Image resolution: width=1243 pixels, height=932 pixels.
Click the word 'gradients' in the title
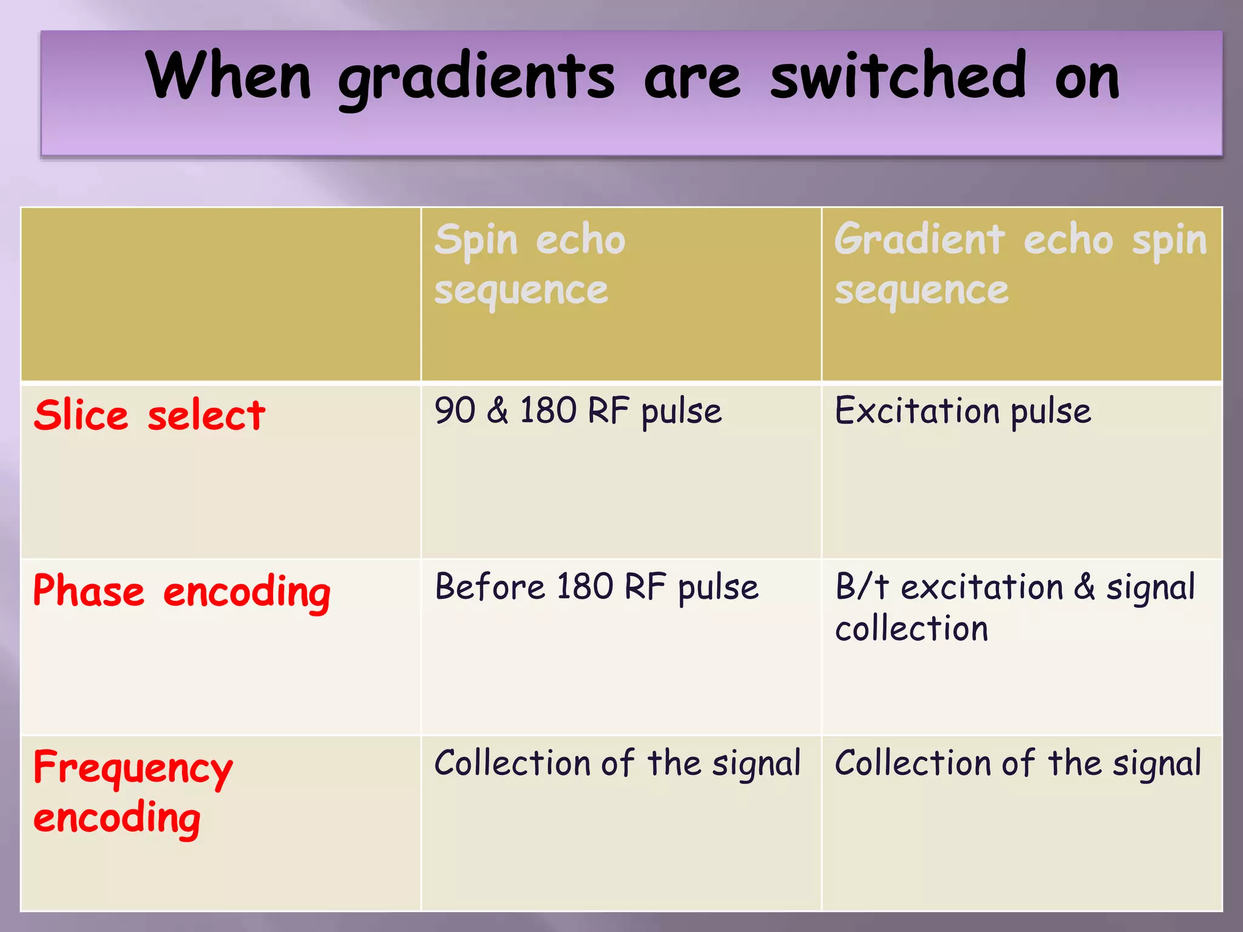476,78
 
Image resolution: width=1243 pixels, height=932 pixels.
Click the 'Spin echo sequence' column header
530,264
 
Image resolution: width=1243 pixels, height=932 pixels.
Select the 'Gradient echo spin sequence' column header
1020,264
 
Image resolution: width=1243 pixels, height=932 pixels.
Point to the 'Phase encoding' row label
181,591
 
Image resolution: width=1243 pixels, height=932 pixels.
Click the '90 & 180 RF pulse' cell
578,411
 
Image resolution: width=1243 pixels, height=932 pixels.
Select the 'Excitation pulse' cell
963,411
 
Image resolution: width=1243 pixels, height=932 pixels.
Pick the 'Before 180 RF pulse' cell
597,587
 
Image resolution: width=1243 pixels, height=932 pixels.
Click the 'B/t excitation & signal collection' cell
1015,607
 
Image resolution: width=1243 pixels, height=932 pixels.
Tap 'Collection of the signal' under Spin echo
617,763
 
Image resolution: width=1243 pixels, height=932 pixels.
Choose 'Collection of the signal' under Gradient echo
1018,763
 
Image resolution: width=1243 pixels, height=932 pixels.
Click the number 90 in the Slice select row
455,411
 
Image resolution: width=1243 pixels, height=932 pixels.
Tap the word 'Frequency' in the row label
133,768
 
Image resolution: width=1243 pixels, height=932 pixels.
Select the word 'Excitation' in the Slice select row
917,411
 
